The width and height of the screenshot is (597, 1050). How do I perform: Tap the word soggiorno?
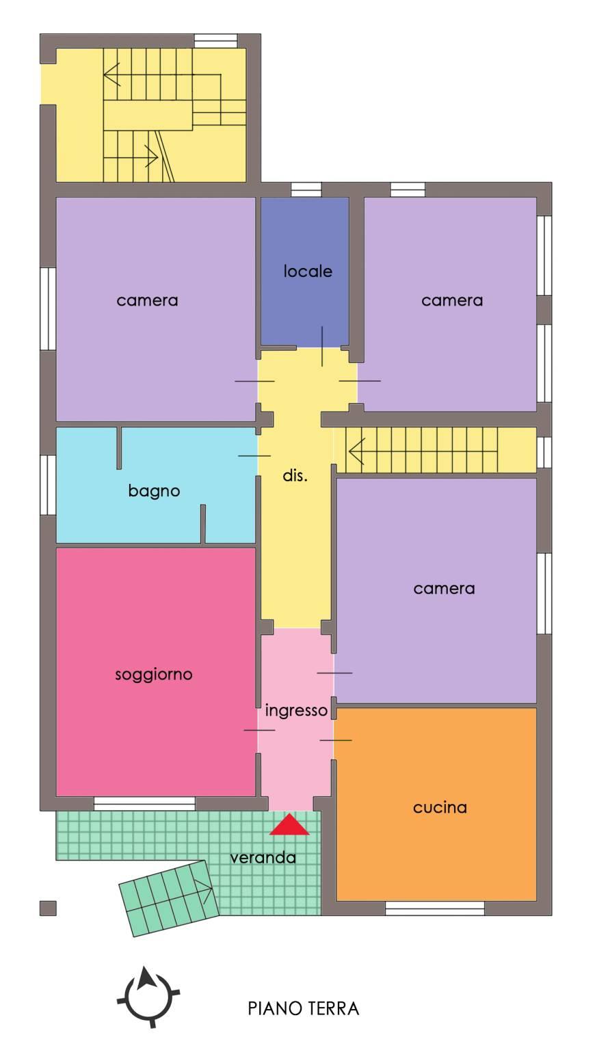(x=154, y=675)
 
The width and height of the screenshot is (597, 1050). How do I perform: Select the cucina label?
(x=440, y=807)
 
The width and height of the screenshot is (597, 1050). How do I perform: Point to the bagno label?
(x=154, y=492)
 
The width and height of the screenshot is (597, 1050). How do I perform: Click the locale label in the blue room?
(x=308, y=271)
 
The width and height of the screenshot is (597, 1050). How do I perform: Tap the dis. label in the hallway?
(x=295, y=476)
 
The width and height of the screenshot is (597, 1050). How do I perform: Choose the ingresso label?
(x=296, y=711)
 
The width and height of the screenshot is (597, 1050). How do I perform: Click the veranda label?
(x=263, y=858)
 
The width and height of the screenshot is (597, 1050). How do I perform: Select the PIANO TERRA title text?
(x=304, y=1008)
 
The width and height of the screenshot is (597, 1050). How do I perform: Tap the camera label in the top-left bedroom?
(x=147, y=301)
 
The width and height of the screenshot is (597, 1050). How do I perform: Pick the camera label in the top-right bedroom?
(x=452, y=301)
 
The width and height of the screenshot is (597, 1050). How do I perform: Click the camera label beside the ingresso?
(x=444, y=589)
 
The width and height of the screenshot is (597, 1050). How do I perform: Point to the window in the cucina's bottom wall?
(x=435, y=908)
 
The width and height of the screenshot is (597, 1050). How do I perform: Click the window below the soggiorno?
(x=144, y=803)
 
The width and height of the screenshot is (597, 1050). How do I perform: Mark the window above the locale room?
(x=306, y=189)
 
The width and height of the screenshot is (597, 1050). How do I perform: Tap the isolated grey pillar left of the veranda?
(x=48, y=908)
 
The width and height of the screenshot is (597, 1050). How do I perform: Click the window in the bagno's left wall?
(x=48, y=485)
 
